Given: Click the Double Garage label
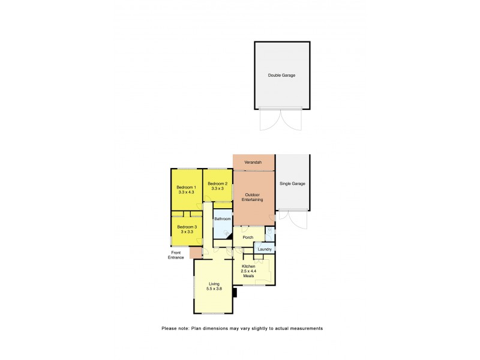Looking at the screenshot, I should [x=281, y=76].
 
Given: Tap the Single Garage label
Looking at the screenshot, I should [x=292, y=184].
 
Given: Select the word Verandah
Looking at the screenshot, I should [x=254, y=163].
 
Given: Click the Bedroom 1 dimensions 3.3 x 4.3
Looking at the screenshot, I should [x=185, y=192].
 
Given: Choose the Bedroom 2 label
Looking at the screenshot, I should [x=217, y=184].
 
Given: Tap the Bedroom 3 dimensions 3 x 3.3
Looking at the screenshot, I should [x=187, y=231].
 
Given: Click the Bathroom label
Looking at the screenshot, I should [x=223, y=219].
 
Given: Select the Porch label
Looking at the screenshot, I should [x=247, y=238].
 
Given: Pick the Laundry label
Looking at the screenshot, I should [x=265, y=249].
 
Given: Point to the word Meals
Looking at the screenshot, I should [x=248, y=276].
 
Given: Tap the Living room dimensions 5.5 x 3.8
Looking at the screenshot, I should [x=214, y=289].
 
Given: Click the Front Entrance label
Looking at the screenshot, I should [x=176, y=255].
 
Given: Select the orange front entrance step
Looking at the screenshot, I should [x=195, y=253].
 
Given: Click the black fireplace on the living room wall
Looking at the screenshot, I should [x=236, y=293].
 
